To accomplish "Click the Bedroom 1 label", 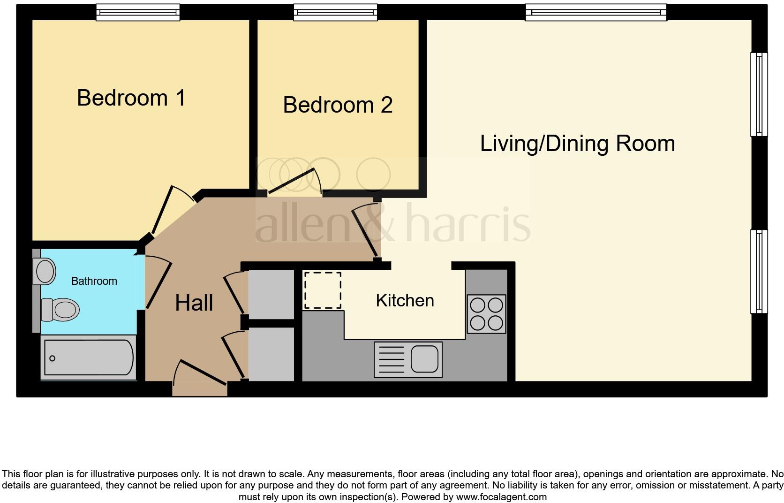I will click(131, 98).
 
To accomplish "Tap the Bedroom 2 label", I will click(338, 105).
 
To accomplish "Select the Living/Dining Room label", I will click(577, 144).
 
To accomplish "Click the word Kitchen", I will click(405, 300).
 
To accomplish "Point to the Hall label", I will click(194, 303).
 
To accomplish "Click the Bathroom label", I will click(94, 281).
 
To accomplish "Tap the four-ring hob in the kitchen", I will click(487, 313).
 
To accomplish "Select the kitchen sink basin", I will click(425, 359).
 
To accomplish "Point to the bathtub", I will click(88, 358).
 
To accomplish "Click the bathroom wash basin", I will click(45, 271).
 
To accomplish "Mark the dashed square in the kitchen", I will click(322, 290).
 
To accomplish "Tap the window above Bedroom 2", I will click(335, 12).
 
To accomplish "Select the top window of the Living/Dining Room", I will click(596, 12).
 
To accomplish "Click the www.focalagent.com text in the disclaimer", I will click(501, 497).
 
